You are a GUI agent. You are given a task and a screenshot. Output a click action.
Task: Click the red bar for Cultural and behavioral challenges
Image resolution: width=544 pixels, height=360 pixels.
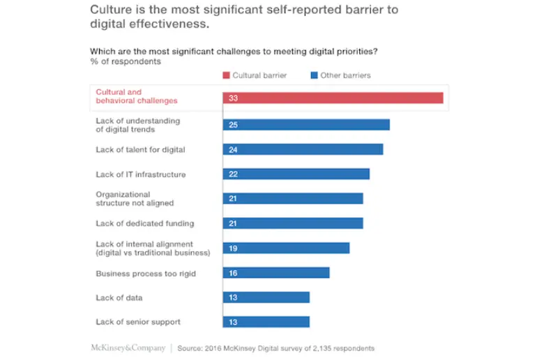[x=333, y=98]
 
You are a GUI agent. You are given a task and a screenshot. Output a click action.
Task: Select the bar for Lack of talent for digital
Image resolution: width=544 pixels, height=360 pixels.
[x=303, y=149]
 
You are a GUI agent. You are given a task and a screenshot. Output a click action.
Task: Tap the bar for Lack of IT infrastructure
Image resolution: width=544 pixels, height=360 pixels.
[x=296, y=174]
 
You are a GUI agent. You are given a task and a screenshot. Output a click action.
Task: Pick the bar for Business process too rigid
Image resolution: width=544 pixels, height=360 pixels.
[x=276, y=273]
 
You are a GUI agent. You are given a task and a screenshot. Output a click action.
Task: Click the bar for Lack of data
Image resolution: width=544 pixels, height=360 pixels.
[x=266, y=297]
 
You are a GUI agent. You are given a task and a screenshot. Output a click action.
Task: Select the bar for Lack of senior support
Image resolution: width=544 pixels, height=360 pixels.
[x=266, y=322]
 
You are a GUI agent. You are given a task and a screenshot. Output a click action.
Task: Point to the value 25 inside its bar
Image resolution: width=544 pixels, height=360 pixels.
[x=233, y=125]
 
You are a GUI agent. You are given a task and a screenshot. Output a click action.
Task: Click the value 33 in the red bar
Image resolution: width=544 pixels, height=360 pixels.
[x=233, y=98]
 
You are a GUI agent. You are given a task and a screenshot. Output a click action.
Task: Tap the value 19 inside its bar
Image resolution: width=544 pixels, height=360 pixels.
[x=233, y=248]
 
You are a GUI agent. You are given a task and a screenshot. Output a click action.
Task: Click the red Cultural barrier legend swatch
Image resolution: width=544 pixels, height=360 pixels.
[x=226, y=75]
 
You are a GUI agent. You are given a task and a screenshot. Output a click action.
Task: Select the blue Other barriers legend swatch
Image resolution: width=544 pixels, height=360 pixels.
[x=315, y=75]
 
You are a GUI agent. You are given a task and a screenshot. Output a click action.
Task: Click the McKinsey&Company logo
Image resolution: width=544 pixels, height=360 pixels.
[x=128, y=347]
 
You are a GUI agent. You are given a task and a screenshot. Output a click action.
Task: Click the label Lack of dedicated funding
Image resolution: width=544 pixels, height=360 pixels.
[x=144, y=224]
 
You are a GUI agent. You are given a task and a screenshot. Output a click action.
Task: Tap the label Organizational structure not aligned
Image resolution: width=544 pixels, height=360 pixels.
[x=135, y=199]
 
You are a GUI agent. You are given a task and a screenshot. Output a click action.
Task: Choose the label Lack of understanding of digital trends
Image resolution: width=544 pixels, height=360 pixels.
[x=137, y=125]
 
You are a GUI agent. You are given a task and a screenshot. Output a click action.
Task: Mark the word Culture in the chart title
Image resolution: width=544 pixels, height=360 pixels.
[x=110, y=10]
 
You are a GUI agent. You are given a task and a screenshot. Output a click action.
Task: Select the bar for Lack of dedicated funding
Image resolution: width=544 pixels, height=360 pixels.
[x=293, y=223]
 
